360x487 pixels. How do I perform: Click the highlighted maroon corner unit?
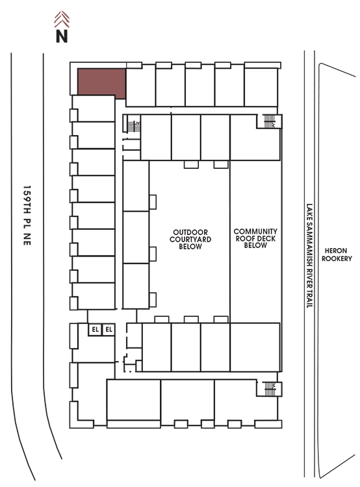click(x=101, y=82)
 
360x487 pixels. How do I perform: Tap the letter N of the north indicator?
click(x=62, y=36)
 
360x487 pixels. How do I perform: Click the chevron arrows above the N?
click(x=62, y=19)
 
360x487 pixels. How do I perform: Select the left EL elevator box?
click(x=95, y=329)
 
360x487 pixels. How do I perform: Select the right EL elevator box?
click(x=109, y=329)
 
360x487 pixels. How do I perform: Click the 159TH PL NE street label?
click(x=27, y=216)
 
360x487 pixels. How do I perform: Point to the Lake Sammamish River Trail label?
click(x=309, y=256)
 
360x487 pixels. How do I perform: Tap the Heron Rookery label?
click(x=337, y=255)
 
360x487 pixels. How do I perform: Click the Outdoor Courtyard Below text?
click(x=190, y=239)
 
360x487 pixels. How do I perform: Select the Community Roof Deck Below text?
click(x=255, y=238)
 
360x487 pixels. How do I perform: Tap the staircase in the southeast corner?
click(x=270, y=389)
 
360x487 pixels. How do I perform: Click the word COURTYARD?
click(x=190, y=240)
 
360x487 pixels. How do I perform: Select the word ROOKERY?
click(x=337, y=258)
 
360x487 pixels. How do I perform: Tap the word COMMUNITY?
click(x=255, y=231)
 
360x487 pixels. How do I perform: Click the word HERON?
click(x=336, y=251)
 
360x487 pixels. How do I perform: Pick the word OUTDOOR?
click(x=190, y=232)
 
